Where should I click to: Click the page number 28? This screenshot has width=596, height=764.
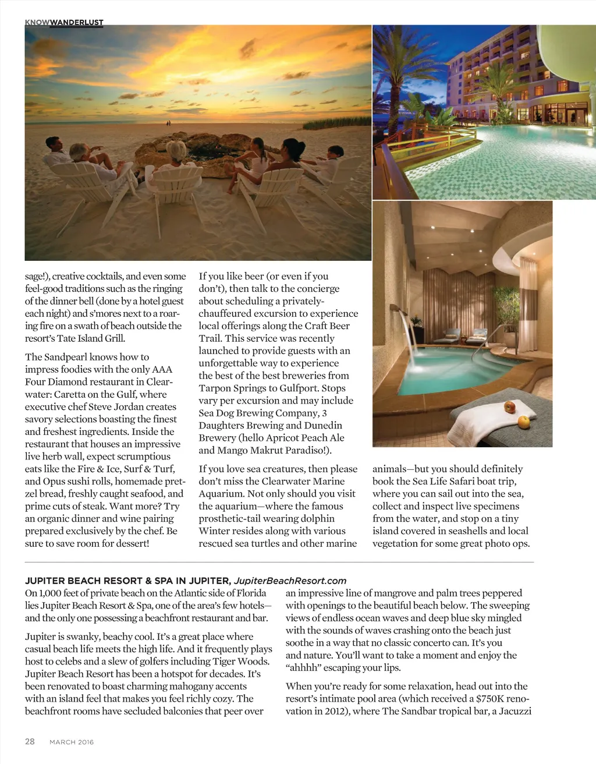click(30, 741)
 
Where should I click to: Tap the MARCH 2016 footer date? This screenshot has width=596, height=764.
click(72, 742)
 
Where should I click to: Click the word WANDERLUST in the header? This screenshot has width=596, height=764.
click(77, 22)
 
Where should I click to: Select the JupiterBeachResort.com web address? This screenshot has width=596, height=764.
click(290, 581)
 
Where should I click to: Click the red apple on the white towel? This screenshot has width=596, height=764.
click(510, 406)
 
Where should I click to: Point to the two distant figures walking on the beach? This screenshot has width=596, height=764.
click(169, 123)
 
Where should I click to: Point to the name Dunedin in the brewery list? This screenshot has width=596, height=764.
click(323, 425)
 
